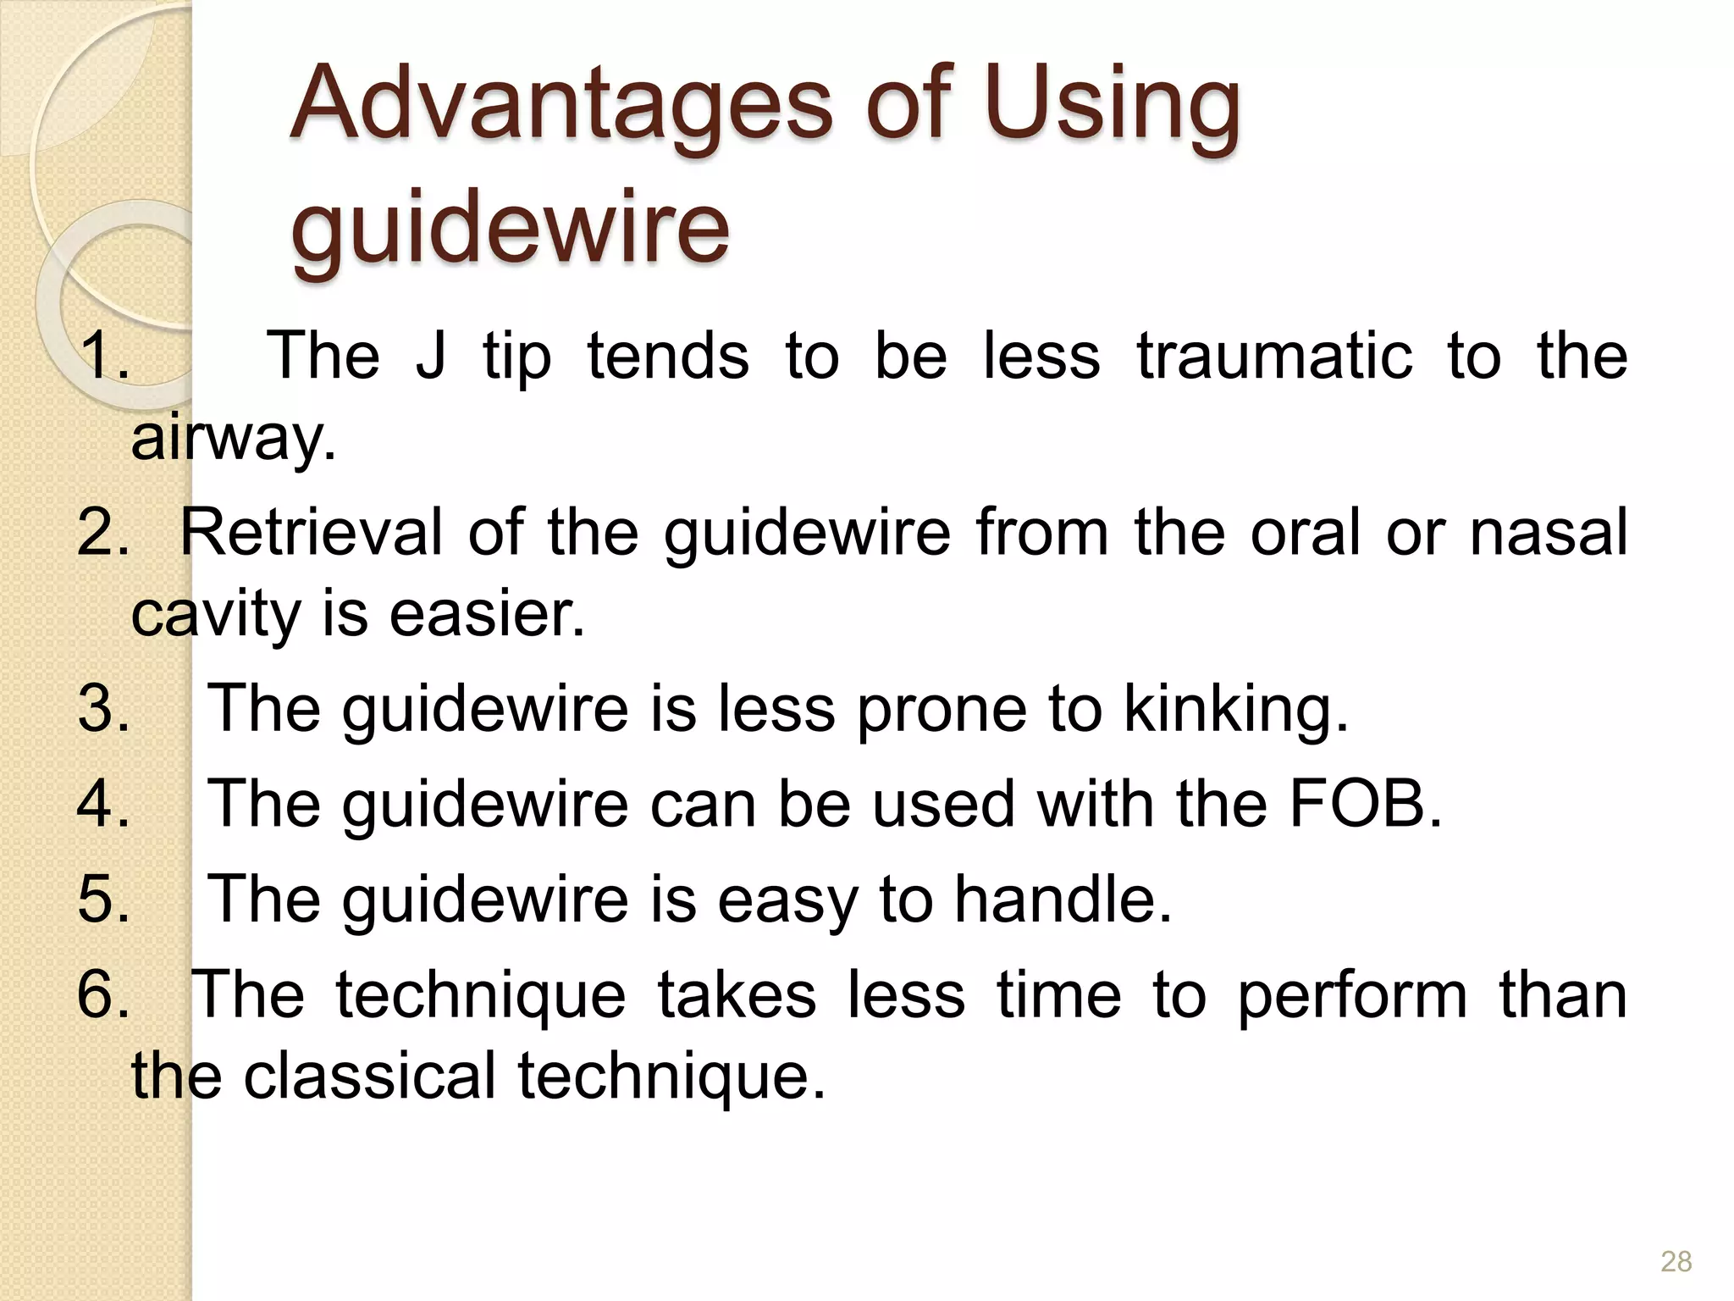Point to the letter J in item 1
(430, 356)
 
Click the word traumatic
(1275, 356)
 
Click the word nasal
(1549, 532)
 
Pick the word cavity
(215, 615)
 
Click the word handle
(1063, 899)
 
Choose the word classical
(369, 1076)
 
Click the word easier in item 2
(486, 613)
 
